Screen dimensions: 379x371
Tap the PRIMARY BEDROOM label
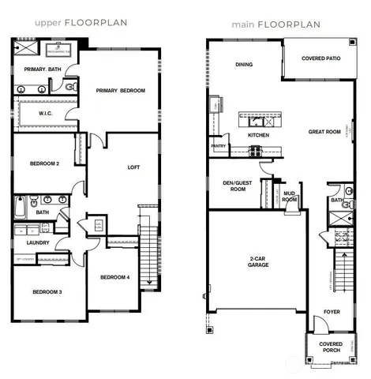pyautogui.click(x=121, y=91)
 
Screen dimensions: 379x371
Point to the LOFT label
pyautogui.click(x=133, y=167)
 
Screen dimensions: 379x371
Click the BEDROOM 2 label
pyautogui.click(x=45, y=163)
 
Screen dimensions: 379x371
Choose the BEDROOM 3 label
pyautogui.click(x=47, y=292)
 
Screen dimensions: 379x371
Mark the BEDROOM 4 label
pyautogui.click(x=115, y=277)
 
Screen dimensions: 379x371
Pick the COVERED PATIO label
pyautogui.click(x=313, y=59)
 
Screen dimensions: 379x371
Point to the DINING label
pyautogui.click(x=244, y=65)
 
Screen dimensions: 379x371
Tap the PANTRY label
pyautogui.click(x=219, y=146)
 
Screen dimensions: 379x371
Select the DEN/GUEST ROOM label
pyautogui.click(x=238, y=186)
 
